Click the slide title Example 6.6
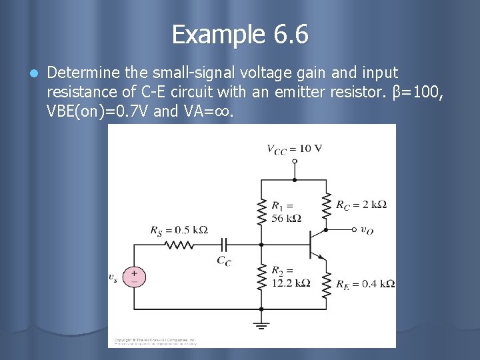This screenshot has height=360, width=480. (240, 34)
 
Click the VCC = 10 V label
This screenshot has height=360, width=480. (294, 149)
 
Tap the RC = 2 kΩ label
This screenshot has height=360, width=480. (361, 205)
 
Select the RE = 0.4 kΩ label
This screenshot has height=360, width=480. (365, 284)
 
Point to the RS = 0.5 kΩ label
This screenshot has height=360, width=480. (179, 231)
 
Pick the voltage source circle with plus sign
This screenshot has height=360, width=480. (134, 276)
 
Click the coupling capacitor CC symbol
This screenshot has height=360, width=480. (225, 244)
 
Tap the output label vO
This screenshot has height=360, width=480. (367, 229)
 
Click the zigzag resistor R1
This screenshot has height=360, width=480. (261, 207)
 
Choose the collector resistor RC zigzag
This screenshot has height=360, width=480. (327, 205)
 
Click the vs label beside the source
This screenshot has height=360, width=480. (113, 277)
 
